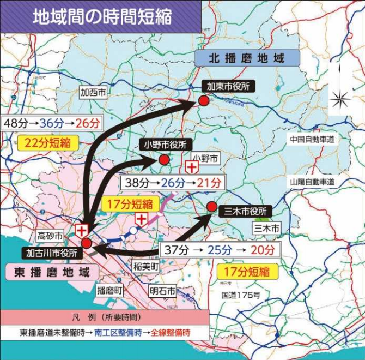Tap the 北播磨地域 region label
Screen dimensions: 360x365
[247, 58]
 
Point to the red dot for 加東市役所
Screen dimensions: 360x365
[203, 101]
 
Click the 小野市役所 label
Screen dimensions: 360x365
[165, 145]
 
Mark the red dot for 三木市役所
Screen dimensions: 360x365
[211, 206]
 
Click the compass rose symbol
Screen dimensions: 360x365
[342, 98]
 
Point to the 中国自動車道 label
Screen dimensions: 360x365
[312, 139]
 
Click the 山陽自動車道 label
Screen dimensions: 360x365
[312, 181]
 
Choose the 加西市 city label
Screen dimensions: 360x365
[93, 93]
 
